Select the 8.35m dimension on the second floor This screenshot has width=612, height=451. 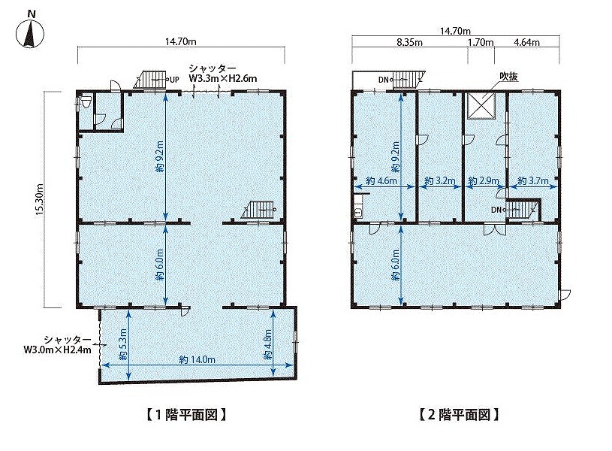tap(409, 42)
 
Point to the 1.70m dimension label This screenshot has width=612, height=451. tap(481, 42)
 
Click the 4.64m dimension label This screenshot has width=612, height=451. tap(526, 42)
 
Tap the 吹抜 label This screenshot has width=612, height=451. tap(509, 77)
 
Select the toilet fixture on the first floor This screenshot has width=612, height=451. tap(86, 102)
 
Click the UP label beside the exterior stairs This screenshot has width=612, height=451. tap(173, 80)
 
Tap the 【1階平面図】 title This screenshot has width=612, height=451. tap(186, 414)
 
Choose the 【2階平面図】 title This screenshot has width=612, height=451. tap(460, 414)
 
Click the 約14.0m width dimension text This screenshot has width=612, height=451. tap(197, 359)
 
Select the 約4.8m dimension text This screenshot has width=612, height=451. tap(268, 344)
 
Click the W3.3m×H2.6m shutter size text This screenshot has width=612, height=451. tap(223, 79)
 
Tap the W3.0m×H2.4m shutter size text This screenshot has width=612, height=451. tap(57, 350)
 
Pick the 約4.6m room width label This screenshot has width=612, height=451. tap(381, 181)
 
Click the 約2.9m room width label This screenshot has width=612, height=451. tap(483, 181)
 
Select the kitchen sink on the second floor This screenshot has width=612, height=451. tap(358, 212)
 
